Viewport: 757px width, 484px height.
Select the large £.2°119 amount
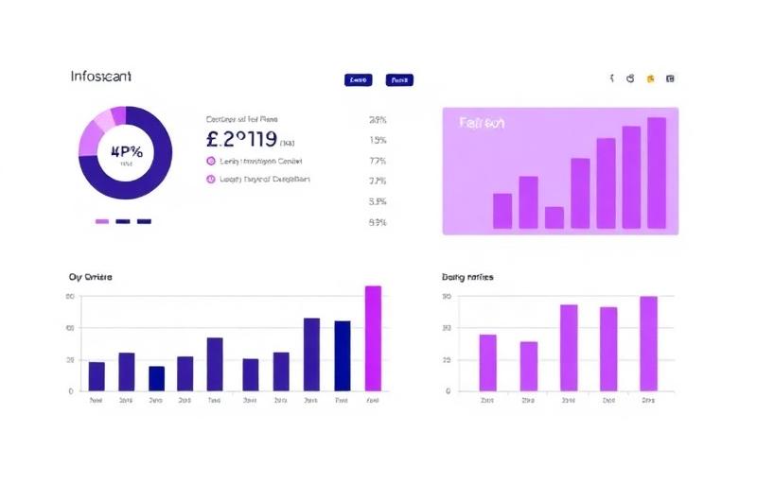[241, 140]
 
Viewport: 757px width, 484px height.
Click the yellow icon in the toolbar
[650, 79]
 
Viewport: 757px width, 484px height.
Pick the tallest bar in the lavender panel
[656, 173]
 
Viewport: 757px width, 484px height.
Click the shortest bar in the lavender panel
[555, 217]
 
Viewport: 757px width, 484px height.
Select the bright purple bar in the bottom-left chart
[373, 337]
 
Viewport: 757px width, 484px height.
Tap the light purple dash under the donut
[102, 221]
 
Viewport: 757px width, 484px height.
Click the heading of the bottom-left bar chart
[91, 277]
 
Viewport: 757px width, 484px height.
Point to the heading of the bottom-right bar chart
[467, 277]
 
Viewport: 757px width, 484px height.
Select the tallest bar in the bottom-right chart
[648, 343]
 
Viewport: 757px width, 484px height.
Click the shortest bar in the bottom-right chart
[528, 366]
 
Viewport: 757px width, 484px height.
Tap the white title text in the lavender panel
[482, 123]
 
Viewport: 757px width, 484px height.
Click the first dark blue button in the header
[359, 80]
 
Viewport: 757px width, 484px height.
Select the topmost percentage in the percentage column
[378, 120]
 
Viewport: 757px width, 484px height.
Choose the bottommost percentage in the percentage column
[378, 222]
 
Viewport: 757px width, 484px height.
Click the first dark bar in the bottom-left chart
[97, 375]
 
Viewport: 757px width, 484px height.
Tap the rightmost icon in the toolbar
[671, 79]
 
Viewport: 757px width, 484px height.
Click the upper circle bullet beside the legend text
[210, 162]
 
